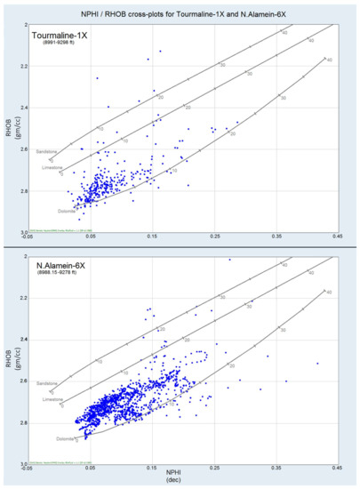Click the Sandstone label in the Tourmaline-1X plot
49,152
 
